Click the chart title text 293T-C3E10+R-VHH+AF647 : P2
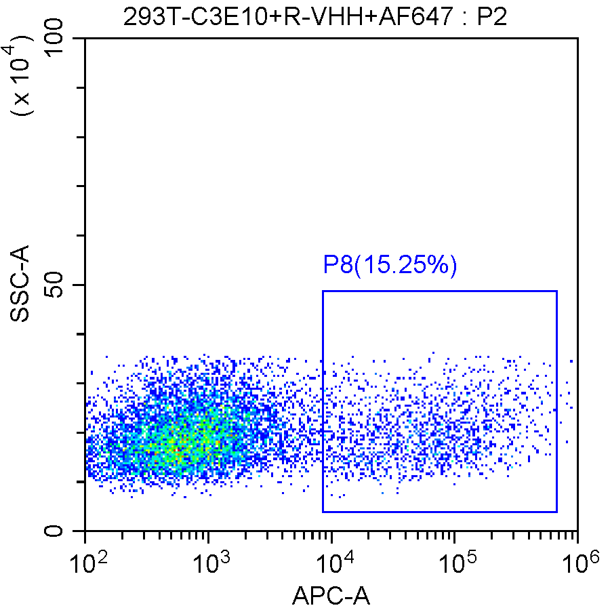tap(315, 16)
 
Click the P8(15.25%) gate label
tap(390, 265)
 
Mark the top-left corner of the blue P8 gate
tap(323, 291)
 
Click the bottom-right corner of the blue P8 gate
tap(556, 512)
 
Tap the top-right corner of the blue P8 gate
tap(556, 291)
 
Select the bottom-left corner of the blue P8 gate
tap(323, 512)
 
